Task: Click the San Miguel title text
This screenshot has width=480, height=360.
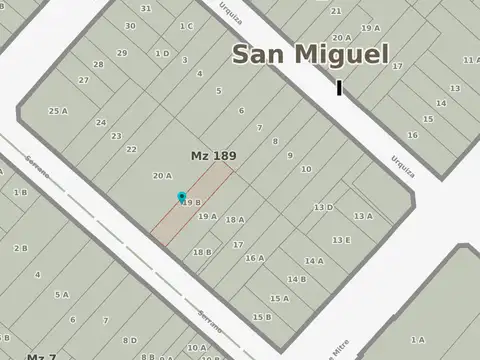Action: pyautogui.click(x=310, y=54)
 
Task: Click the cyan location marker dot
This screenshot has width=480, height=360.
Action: pyautogui.click(x=181, y=196)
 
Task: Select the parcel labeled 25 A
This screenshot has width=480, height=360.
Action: pyautogui.click(x=58, y=111)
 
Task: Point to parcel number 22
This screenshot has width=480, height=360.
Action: pyautogui.click(x=131, y=149)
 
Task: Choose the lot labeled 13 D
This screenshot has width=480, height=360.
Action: pyautogui.click(x=323, y=208)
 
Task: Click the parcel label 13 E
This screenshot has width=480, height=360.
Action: pyautogui.click(x=341, y=240)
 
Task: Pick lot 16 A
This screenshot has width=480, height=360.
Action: pyautogui.click(x=255, y=258)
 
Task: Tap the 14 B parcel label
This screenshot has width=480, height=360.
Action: pyautogui.click(x=296, y=279)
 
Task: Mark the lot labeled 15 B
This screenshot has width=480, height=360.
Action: pyautogui.click(x=261, y=317)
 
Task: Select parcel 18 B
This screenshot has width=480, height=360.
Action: pyautogui.click(x=202, y=252)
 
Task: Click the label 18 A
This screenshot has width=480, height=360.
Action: pyautogui.click(x=234, y=220)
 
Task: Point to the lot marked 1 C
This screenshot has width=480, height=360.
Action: pyautogui.click(x=186, y=26)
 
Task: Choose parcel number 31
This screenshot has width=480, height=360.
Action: pyautogui.click(x=146, y=8)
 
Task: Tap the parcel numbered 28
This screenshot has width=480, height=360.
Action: pyautogui.click(x=99, y=64)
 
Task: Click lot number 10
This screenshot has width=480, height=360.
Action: pyautogui.click(x=305, y=170)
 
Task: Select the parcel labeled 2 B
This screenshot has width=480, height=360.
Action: pyautogui.click(x=20, y=247)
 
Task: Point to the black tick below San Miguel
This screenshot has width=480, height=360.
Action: pyautogui.click(x=339, y=88)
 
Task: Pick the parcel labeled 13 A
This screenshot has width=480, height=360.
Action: pyautogui.click(x=362, y=216)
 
